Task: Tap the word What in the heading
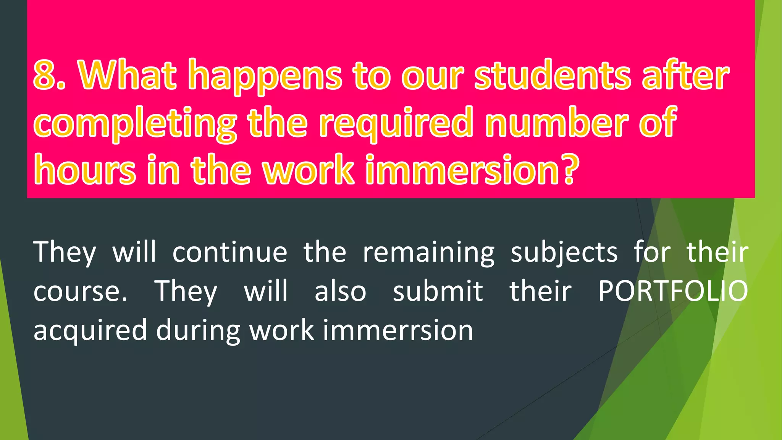click(x=128, y=75)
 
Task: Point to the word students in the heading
click(x=552, y=75)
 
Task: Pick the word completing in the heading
click(x=135, y=125)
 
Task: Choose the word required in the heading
click(x=396, y=125)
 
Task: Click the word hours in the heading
click(x=84, y=170)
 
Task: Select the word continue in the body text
click(x=229, y=253)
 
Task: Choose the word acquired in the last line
click(x=90, y=331)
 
